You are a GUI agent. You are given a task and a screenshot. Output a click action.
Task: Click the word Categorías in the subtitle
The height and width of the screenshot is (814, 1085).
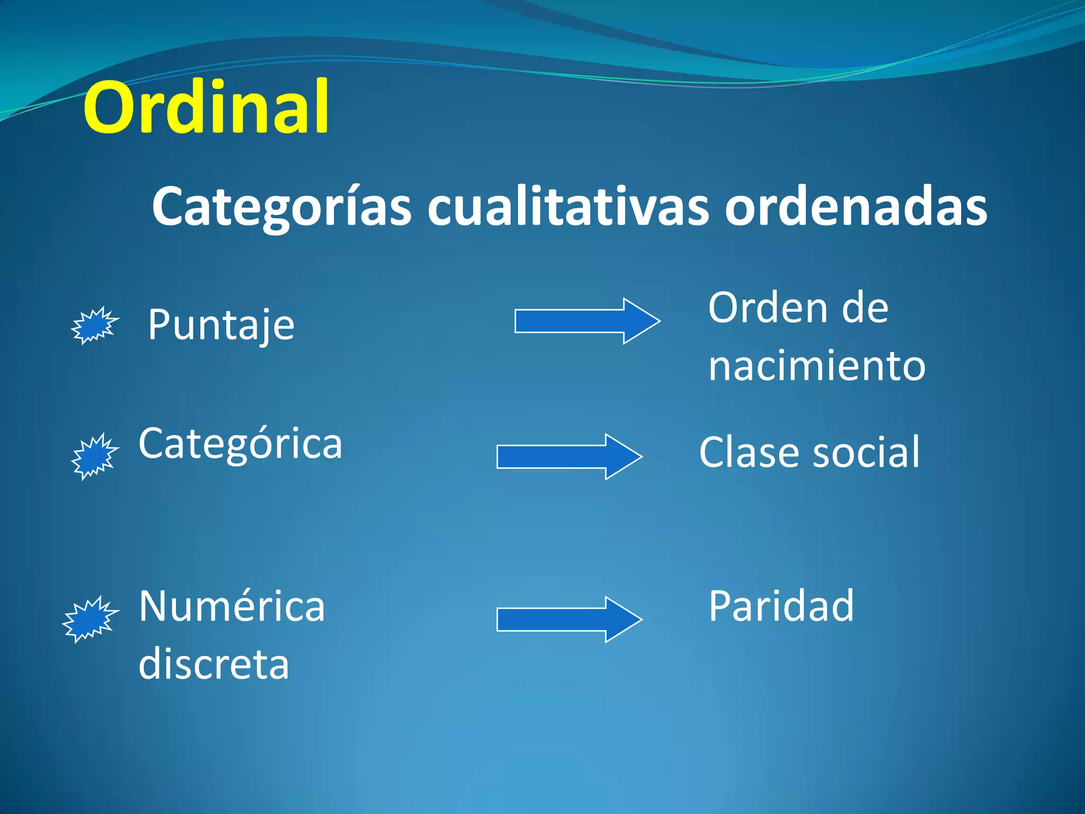click(x=281, y=207)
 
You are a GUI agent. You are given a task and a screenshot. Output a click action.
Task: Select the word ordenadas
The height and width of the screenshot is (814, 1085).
click(x=856, y=207)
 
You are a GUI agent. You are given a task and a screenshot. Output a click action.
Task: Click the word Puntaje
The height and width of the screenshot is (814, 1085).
click(x=221, y=325)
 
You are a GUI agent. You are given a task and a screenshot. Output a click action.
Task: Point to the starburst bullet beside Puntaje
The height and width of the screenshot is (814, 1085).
click(x=94, y=325)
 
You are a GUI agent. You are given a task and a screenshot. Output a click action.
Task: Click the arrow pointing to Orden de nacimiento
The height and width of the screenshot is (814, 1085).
click(x=587, y=321)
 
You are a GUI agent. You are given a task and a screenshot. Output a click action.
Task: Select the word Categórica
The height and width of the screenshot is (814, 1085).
click(x=241, y=444)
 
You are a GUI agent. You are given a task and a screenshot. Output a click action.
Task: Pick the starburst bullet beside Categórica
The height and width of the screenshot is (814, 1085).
click(x=94, y=456)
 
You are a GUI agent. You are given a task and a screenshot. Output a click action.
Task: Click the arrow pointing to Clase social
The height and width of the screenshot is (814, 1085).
click(x=569, y=457)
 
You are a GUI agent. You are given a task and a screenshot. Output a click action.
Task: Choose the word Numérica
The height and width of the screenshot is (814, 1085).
click(x=232, y=606)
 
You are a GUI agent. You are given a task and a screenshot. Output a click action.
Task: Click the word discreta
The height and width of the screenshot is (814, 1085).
click(x=214, y=665)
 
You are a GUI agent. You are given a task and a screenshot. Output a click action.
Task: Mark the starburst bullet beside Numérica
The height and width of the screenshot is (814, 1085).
click(x=90, y=619)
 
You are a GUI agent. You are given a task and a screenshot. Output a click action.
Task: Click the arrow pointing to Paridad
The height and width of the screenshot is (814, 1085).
click(x=569, y=620)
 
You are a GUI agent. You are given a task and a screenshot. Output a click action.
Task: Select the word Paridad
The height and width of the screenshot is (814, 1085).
click(x=781, y=606)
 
